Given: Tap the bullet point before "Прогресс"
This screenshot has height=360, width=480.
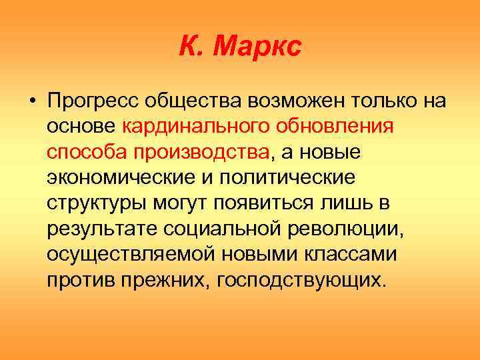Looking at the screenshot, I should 31,102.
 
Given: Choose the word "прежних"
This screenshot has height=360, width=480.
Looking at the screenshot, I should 163,279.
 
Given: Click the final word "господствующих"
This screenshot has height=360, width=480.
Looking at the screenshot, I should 296,279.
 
